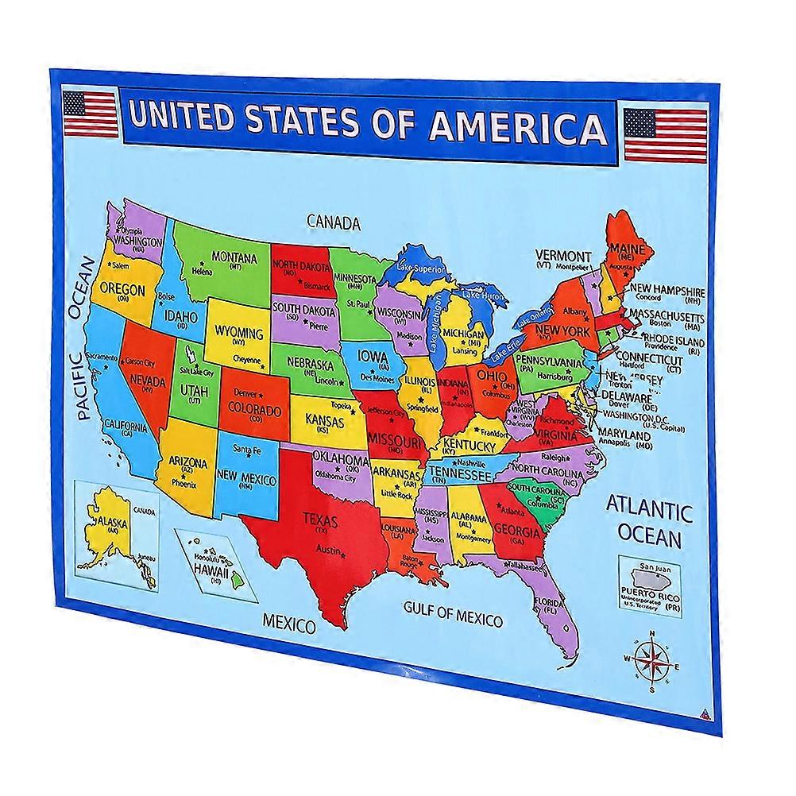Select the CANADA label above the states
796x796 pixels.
(x=334, y=222)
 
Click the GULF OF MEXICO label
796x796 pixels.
(x=453, y=614)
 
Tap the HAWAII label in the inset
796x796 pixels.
(x=209, y=573)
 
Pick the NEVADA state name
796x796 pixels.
(x=146, y=382)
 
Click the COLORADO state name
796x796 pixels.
(x=255, y=411)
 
